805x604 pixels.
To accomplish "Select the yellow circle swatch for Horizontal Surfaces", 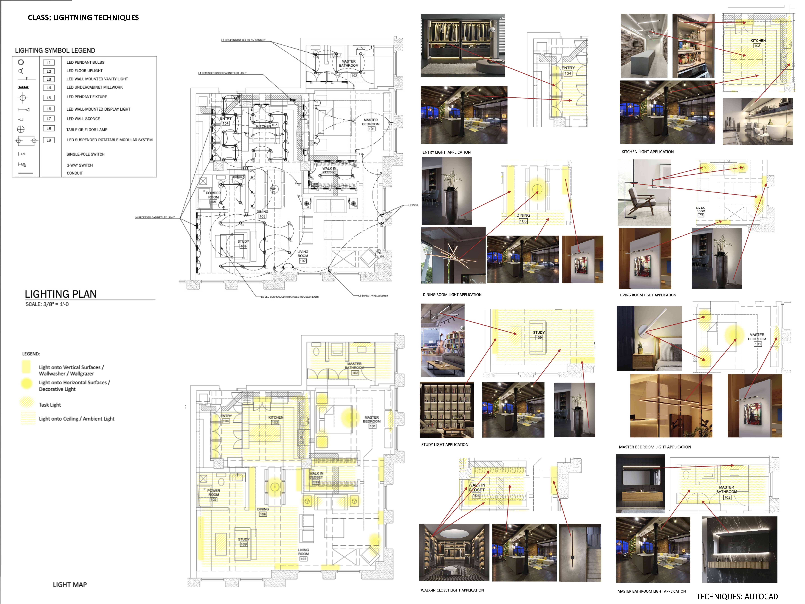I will click(x=26, y=383).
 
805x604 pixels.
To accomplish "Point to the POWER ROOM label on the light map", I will click(x=214, y=493).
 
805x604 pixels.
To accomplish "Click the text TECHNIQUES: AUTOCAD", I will click(x=737, y=596).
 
